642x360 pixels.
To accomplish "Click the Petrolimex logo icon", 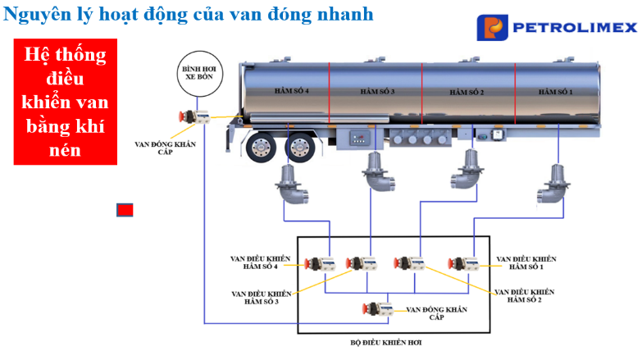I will click(494, 27).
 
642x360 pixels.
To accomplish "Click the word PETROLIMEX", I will click(574, 28).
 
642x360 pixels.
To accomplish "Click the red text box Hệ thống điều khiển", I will click(66, 102).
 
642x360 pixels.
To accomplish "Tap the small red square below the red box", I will click(125, 210).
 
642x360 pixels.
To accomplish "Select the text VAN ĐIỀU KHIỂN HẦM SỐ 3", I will click(261, 297).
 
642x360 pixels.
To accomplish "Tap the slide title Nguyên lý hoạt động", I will click(189, 14).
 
